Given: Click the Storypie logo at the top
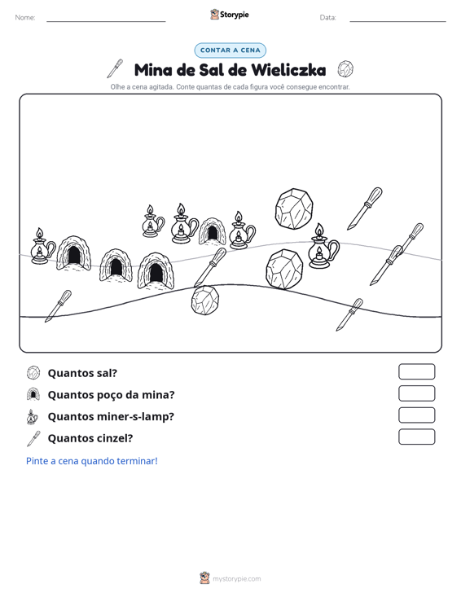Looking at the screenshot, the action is point(230,15).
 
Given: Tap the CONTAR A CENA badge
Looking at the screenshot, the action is point(230,50).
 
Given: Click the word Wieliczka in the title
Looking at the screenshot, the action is point(288,70).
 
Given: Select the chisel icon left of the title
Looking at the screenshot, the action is point(115,68).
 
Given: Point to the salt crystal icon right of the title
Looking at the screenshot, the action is point(345,69).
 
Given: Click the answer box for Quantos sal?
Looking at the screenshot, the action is point(416,371).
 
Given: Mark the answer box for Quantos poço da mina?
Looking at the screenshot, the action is point(416,393).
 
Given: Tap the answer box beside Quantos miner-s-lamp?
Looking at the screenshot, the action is point(416,415).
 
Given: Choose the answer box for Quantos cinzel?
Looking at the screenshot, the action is point(416,437).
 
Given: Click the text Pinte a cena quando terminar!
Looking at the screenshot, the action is point(92,461).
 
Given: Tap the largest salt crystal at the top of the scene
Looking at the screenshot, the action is point(294,209).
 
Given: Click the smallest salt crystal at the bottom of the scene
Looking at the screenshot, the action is point(205,301).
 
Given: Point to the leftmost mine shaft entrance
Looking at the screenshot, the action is point(73,253).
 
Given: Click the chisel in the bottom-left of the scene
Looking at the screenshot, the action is point(59,306).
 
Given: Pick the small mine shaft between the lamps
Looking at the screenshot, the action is point(212,231).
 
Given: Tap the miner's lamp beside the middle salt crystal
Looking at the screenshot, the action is point(323,246).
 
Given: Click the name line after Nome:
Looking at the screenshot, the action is point(106,21).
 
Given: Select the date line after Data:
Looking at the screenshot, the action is point(397,21).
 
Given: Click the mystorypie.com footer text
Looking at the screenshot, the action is point(236,579).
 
